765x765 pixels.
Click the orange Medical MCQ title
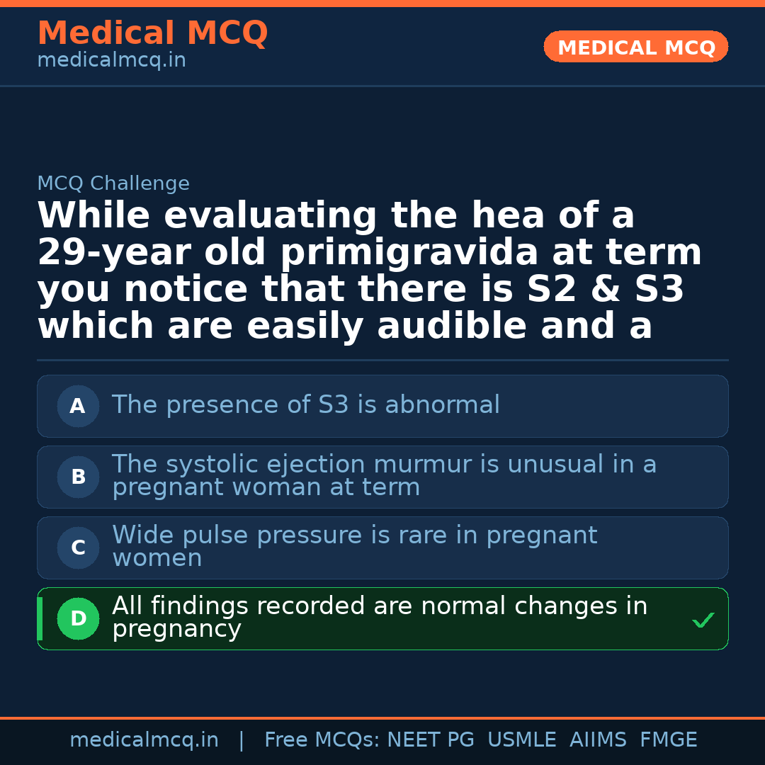pyautogui.click(x=152, y=33)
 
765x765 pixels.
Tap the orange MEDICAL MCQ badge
pyautogui.click(x=636, y=47)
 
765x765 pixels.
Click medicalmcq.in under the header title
pyautogui.click(x=111, y=60)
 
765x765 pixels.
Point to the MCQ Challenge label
pyautogui.click(x=113, y=183)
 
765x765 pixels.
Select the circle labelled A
pyautogui.click(x=78, y=407)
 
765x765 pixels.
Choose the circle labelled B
pyautogui.click(x=78, y=477)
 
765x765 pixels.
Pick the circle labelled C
pyautogui.click(x=78, y=548)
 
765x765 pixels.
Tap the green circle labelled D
pyautogui.click(x=78, y=619)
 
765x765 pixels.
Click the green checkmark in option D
pyautogui.click(x=703, y=620)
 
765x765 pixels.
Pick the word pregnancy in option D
pyautogui.click(x=176, y=629)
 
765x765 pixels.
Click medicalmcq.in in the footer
pyautogui.click(x=144, y=740)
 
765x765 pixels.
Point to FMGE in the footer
pyautogui.click(x=668, y=740)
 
